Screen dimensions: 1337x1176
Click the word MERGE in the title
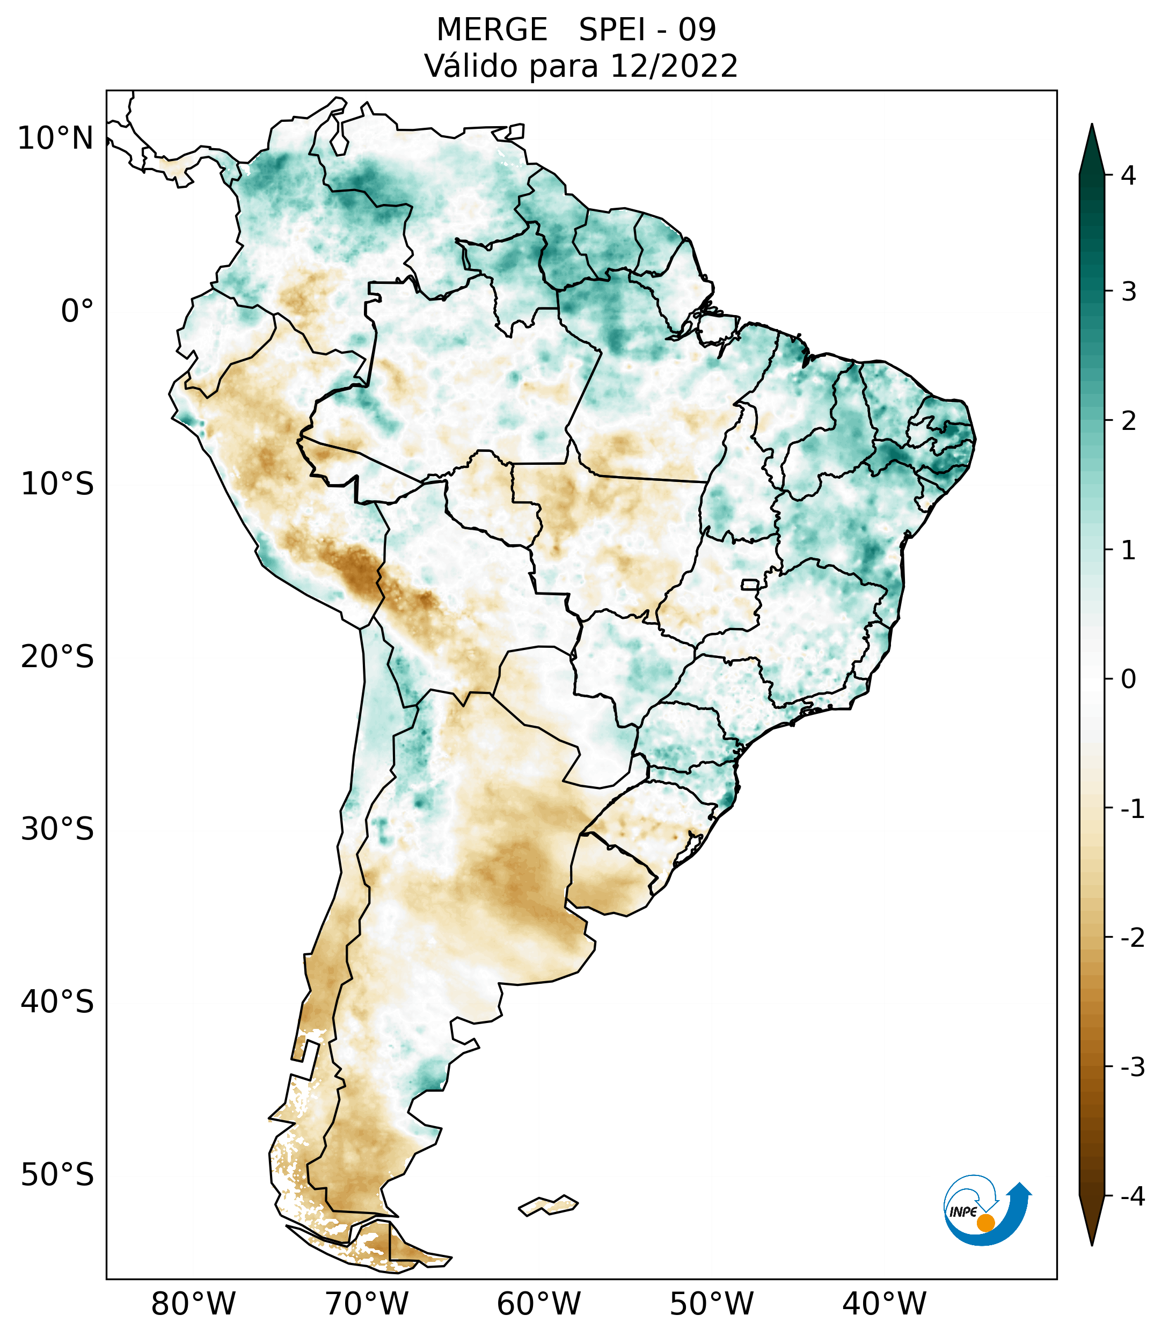pyautogui.click(x=492, y=30)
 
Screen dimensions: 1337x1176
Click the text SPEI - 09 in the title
pyautogui.click(x=647, y=30)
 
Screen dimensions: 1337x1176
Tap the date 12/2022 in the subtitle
pyautogui.click(x=674, y=66)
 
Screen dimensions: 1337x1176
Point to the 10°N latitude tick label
pyautogui.click(x=56, y=138)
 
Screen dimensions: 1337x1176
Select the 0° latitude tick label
pyautogui.click(x=77, y=311)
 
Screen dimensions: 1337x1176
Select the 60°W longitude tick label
pyautogui.click(x=538, y=1304)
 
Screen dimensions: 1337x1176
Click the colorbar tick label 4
pyautogui.click(x=1128, y=176)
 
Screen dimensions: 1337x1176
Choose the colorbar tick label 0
pyautogui.click(x=1128, y=680)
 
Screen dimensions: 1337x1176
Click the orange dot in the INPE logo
pyautogui.click(x=985, y=1223)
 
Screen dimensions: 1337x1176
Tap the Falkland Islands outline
pyautogui.click(x=548, y=1205)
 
